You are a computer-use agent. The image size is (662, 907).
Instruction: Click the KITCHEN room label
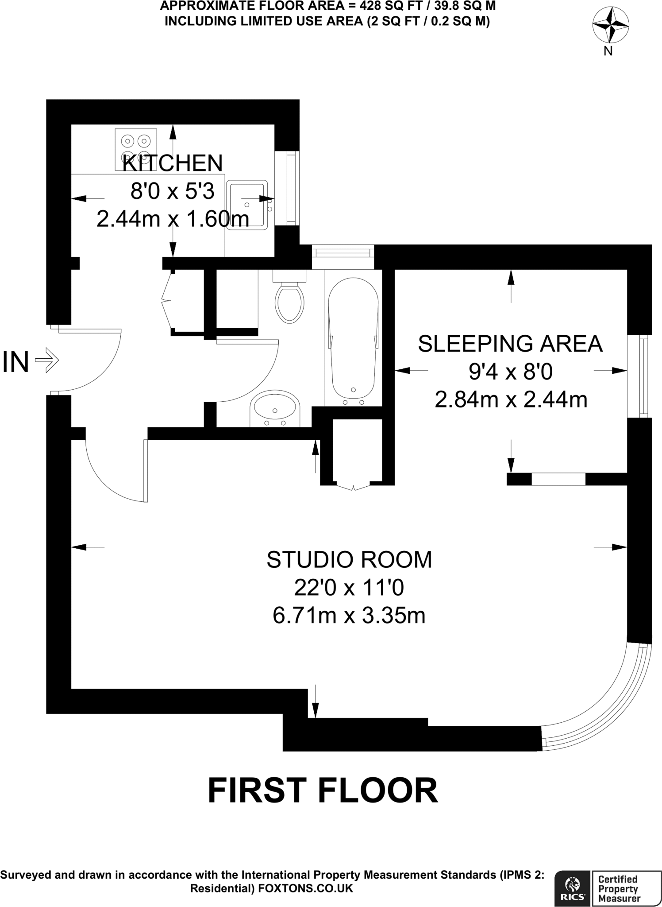[172, 163]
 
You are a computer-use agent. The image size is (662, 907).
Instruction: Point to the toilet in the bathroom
[289, 299]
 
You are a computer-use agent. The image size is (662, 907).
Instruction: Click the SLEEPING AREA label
[510, 344]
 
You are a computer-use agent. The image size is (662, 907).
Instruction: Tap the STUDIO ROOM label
[349, 559]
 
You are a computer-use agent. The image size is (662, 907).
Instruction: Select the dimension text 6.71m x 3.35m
[349, 616]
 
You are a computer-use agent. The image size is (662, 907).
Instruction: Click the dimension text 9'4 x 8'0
[511, 372]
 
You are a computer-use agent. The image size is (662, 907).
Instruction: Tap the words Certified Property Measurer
[619, 888]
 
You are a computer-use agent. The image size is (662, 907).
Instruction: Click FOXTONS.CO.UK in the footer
[305, 888]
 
